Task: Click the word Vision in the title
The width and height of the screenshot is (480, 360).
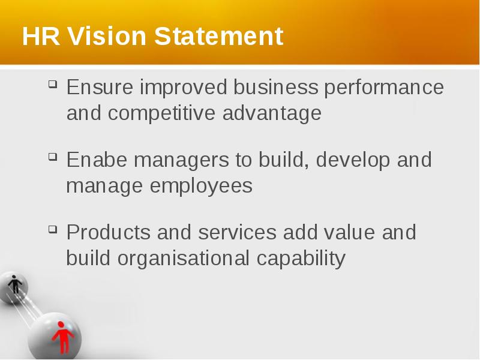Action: click(107, 36)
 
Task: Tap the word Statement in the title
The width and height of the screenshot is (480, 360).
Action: click(218, 36)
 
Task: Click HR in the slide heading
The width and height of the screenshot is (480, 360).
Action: click(41, 36)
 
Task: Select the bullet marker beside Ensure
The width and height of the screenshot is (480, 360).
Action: click(53, 84)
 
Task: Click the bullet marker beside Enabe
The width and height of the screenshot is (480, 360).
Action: click(53, 157)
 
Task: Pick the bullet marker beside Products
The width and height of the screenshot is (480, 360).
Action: click(53, 229)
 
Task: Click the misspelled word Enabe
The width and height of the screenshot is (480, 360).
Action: click(97, 160)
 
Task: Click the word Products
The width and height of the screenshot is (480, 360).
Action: click(109, 232)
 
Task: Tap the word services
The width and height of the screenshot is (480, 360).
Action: click(237, 232)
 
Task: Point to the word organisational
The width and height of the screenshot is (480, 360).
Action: click(183, 259)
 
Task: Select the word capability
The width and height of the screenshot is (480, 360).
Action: click(301, 259)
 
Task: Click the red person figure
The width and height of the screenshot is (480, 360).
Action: click(63, 337)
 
